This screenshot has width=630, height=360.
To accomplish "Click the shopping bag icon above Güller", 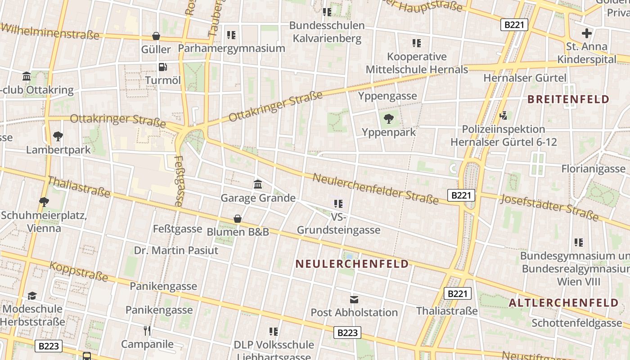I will (x=156, y=36).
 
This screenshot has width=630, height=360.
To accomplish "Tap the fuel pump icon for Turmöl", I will (x=162, y=67).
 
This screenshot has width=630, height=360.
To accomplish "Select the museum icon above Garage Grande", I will (x=258, y=184).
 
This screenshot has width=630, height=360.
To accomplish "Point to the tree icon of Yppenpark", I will (x=389, y=119).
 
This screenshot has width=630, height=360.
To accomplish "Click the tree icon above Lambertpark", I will (x=58, y=136).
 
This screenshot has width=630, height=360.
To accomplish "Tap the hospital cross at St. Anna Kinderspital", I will (x=587, y=33).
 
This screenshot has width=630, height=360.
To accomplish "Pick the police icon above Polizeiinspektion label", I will (x=504, y=116).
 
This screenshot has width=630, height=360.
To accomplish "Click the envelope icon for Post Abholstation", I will (x=354, y=299).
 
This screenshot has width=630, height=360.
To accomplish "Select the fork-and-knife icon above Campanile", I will (x=147, y=331).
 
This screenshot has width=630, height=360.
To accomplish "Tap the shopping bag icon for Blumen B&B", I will (x=238, y=219).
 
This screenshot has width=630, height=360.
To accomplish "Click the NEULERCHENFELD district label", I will (x=352, y=264).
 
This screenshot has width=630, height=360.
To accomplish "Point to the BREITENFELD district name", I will (x=568, y=99).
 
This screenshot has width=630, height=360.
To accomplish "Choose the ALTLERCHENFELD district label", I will (x=563, y=303).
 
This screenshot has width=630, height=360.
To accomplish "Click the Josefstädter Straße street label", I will (x=549, y=207).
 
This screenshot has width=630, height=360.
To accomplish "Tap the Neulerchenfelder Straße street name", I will (x=375, y=188).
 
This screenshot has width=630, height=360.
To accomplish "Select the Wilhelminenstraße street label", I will (x=49, y=31).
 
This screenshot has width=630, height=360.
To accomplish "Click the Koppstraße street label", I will (x=79, y=271).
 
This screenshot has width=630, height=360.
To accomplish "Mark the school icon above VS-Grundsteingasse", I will (x=338, y=204).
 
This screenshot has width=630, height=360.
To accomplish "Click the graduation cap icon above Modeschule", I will (x=32, y=296).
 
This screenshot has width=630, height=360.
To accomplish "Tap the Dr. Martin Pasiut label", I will (x=176, y=250).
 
